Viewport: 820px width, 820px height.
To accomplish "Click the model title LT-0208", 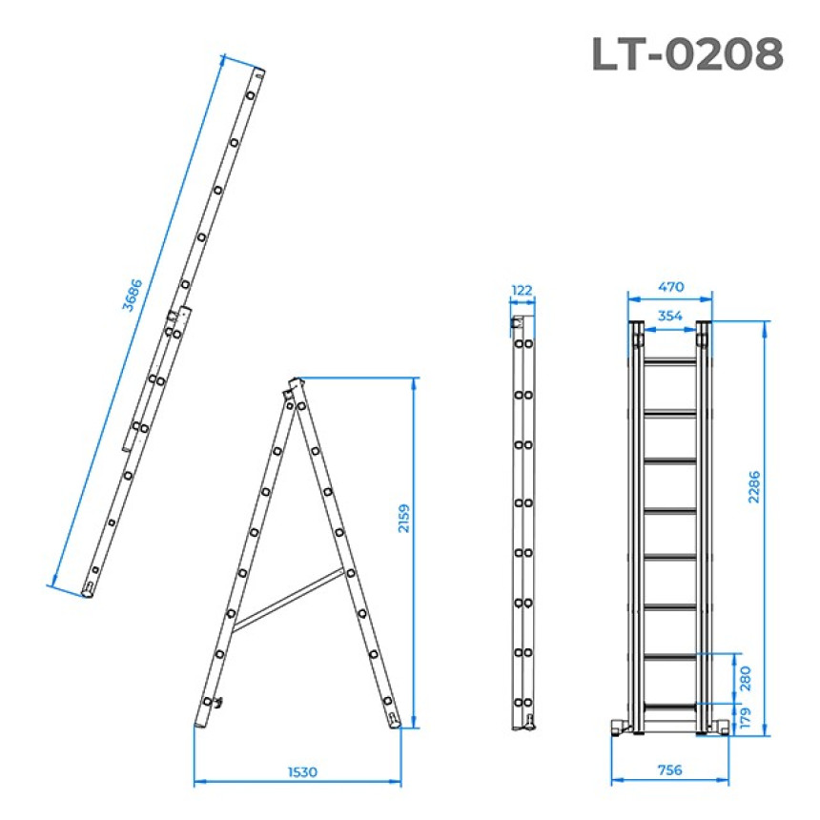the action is (x=687, y=53).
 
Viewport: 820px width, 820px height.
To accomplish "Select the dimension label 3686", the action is (x=132, y=295).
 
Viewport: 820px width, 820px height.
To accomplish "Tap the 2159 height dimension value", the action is (x=403, y=519).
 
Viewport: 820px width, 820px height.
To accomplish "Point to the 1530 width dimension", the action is (x=302, y=772).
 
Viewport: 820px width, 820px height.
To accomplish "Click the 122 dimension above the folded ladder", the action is (x=522, y=290).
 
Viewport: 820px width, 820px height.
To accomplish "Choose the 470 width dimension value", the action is (x=670, y=287).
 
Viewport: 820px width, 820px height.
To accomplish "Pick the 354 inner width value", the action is (x=670, y=316).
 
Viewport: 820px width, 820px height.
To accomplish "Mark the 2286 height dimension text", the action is (x=753, y=487).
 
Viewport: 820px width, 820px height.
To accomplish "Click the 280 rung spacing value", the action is (x=746, y=678).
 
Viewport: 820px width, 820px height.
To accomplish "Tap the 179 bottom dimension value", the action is (x=746, y=717).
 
